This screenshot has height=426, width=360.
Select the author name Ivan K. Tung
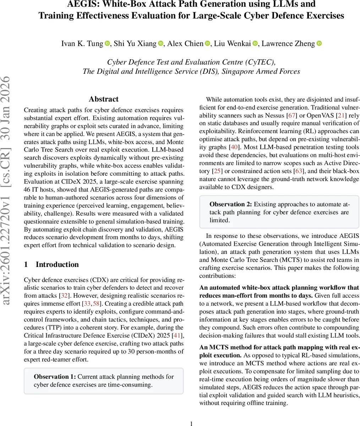[x=82, y=44]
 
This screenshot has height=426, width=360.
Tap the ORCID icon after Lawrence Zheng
[x=319, y=44]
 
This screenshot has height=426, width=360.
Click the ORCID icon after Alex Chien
[x=208, y=44]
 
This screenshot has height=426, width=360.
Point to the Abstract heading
[x=104, y=99]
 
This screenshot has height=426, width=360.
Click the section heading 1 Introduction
[x=51, y=264]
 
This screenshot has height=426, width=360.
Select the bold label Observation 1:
[x=55, y=377]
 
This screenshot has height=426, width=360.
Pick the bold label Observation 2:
[x=230, y=204]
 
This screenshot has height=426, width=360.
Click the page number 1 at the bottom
[x=191, y=423]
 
